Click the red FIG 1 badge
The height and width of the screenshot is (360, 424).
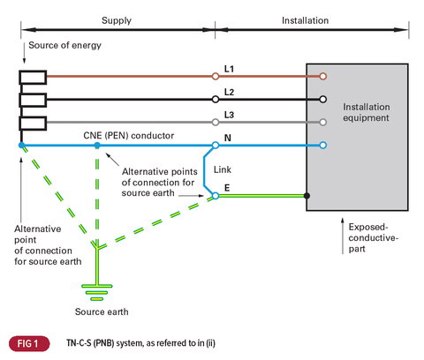coord(29,343)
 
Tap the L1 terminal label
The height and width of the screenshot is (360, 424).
coord(229,69)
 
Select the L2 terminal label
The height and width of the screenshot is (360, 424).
coord(229,92)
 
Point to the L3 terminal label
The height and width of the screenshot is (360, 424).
coord(229,115)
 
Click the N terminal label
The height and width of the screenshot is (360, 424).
coord(228,138)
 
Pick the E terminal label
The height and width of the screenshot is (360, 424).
coord(227,188)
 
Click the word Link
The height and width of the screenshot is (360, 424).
coord(223,169)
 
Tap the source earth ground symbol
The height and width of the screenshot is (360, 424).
coord(97,293)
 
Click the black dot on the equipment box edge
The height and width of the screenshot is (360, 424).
coord(307,196)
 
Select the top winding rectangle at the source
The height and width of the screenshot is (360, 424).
coord(33,78)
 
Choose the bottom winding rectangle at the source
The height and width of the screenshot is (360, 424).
coord(33,124)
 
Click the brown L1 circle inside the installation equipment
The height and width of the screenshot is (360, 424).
coord(323,77)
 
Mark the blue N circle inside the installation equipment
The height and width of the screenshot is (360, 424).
coord(323,145)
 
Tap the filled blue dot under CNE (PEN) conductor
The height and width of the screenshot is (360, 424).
coord(97,145)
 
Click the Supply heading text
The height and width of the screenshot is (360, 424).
coord(117,20)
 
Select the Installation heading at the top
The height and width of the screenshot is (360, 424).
coord(305,20)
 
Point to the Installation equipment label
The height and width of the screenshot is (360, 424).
coord(367,112)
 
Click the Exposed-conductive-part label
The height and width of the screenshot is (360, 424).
coord(374,237)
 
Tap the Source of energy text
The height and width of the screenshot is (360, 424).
coord(64,45)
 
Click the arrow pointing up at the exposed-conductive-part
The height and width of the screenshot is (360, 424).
coord(343,236)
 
